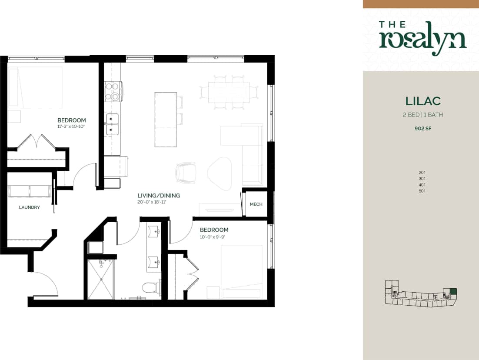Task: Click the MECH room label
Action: [x=256, y=204]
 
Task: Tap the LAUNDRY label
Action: [x=30, y=207]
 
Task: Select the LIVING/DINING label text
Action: [x=159, y=196]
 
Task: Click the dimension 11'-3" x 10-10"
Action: [x=72, y=127]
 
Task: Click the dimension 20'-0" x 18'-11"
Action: [x=152, y=202]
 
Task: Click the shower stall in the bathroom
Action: [x=101, y=279]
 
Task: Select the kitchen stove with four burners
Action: [x=113, y=92]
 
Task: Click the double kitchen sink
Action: [x=112, y=124]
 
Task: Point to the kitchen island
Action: [x=166, y=119]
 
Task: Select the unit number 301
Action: [x=422, y=179]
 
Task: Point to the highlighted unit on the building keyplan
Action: [x=453, y=292]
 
